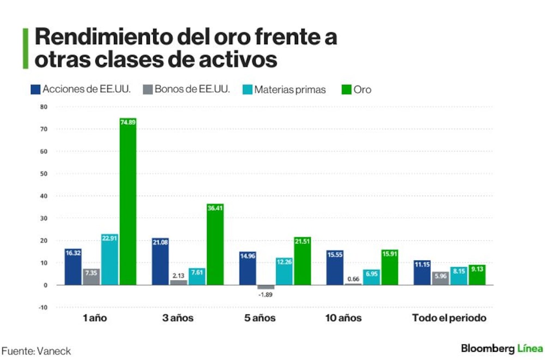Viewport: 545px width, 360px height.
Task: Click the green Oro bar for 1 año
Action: (128, 201)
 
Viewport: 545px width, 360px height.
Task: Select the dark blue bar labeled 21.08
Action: (160, 262)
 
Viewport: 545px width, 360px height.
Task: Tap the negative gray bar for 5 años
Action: (266, 287)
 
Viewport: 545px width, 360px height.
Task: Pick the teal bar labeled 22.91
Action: (110, 260)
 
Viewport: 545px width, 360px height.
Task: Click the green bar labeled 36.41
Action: (215, 244)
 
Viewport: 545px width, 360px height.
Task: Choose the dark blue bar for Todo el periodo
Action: (422, 273)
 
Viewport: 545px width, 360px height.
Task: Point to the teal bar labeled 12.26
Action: (284, 271)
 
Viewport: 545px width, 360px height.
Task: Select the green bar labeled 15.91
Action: (390, 267)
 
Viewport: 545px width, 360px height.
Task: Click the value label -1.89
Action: (265, 295)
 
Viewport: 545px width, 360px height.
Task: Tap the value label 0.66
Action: (353, 279)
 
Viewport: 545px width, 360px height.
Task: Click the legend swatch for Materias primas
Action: (247, 90)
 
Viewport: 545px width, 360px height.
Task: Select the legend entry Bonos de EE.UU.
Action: (187, 89)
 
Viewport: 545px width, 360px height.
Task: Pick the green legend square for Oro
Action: (347, 90)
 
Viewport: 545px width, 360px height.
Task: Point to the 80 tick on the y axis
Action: (44, 107)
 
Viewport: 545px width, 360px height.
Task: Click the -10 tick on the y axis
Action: (43, 308)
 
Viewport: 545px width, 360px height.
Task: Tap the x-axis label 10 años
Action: (343, 318)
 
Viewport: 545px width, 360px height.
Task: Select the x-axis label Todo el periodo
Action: (449, 318)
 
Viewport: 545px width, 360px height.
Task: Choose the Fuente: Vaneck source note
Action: (36, 351)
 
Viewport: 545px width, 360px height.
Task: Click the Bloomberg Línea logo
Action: (502, 348)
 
